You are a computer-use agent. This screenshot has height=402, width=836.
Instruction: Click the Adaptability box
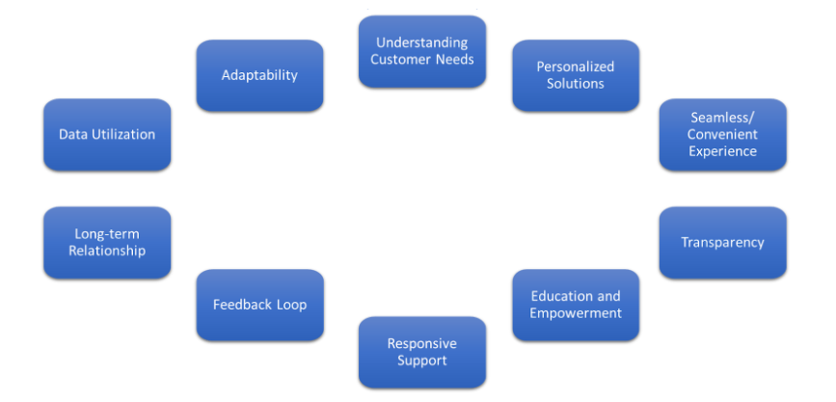259,75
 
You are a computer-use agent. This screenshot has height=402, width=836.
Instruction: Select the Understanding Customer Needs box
422,51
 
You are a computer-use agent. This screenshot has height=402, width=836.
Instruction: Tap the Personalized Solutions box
576,75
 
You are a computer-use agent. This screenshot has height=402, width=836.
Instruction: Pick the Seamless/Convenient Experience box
722,134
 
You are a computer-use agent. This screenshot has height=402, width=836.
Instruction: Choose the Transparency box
722,242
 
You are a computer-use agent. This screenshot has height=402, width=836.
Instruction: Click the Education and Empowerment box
576,305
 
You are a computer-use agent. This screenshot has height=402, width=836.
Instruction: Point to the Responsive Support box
422,352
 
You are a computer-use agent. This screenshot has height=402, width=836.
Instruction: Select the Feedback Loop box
259,305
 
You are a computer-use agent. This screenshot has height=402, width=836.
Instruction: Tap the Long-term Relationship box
107,242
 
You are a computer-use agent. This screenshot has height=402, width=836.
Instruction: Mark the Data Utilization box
107,134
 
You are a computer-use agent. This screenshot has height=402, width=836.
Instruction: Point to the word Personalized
576,67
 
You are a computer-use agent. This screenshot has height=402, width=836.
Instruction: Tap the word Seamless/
722,117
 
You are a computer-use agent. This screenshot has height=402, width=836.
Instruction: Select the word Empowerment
576,313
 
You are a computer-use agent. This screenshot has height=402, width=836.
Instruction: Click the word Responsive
422,343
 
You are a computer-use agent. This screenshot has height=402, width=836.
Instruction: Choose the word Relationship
107,251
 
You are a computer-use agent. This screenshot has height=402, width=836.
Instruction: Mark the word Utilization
122,134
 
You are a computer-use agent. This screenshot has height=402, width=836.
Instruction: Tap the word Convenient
722,134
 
